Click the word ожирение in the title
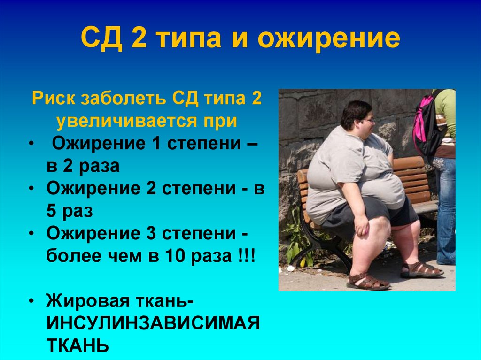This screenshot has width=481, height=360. pyautogui.click(x=328, y=40)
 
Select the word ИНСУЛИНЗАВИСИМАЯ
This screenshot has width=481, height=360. pyautogui.click(x=153, y=323)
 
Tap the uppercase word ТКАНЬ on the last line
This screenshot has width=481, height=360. pyautogui.click(x=78, y=346)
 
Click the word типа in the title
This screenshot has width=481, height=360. pyautogui.click(x=187, y=40)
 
